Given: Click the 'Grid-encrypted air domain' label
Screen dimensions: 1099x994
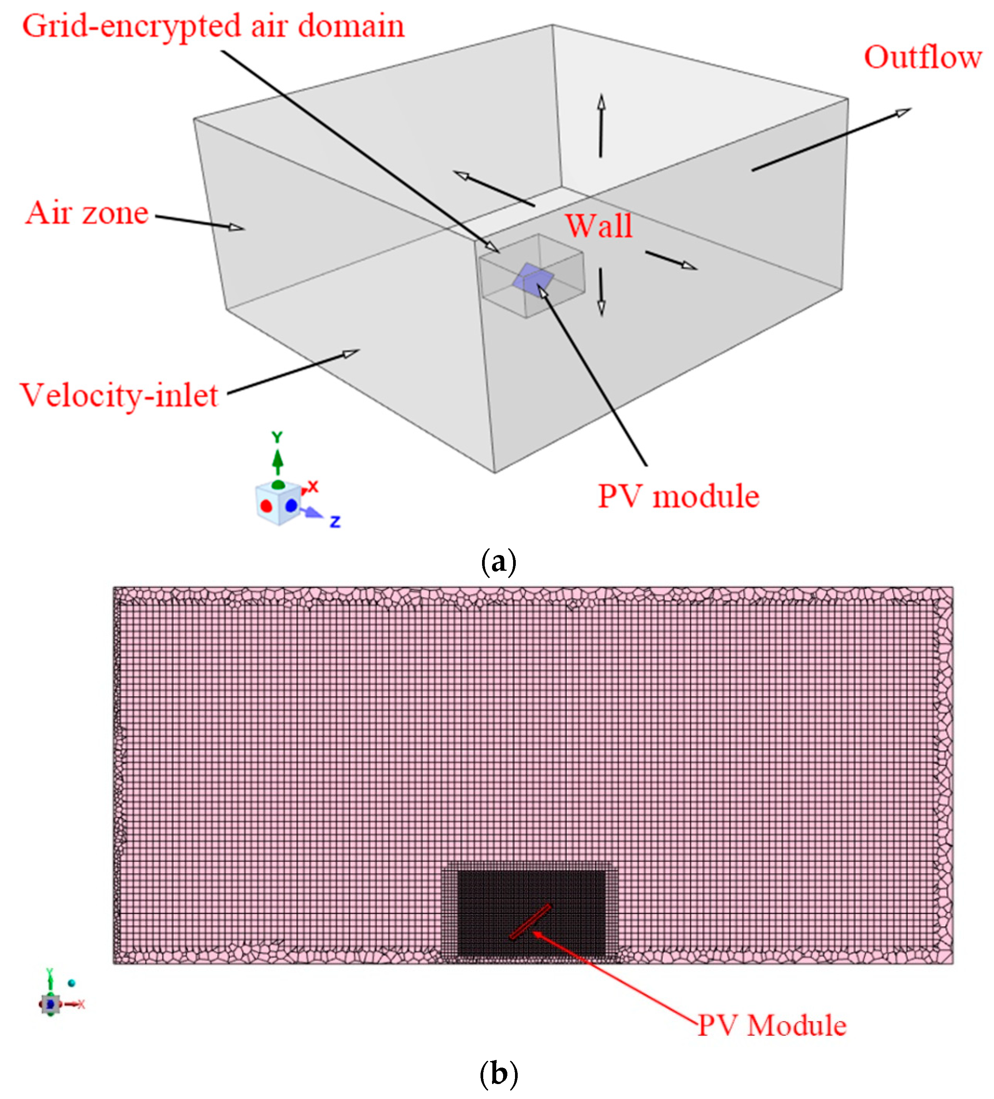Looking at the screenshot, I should click(213, 26).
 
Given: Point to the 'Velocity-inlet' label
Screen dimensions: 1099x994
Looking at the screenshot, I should click(119, 395).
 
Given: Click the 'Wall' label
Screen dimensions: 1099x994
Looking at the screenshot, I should click(598, 226).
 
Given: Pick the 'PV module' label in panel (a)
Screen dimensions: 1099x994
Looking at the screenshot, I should click(678, 496).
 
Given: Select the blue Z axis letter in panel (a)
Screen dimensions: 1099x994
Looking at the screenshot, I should click(335, 522).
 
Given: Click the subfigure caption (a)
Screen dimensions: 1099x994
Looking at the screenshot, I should click(498, 562).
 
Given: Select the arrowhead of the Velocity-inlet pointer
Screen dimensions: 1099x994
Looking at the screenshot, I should click(351, 353).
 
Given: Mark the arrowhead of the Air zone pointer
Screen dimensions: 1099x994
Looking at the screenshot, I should click(237, 227).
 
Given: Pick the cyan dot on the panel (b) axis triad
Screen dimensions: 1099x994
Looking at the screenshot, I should click(71, 983).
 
